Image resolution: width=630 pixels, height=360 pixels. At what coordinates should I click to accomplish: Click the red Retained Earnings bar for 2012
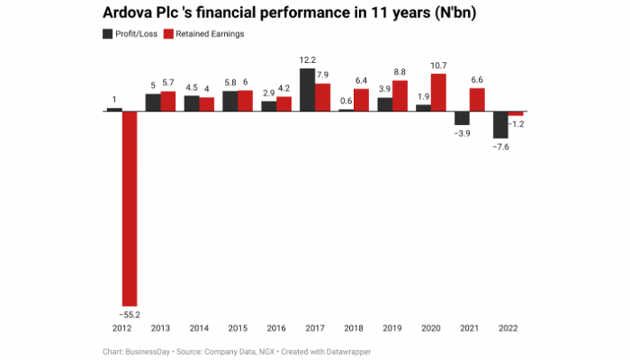(x=130, y=207)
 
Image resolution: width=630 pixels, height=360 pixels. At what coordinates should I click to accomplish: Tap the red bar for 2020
(x=439, y=93)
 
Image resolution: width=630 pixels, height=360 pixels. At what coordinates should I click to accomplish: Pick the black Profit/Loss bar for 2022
(x=500, y=124)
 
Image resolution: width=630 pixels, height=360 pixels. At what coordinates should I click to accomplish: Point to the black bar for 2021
(x=462, y=118)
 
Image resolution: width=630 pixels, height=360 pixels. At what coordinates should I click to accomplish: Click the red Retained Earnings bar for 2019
(x=400, y=95)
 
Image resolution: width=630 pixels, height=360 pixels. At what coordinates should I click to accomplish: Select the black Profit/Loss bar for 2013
(x=153, y=103)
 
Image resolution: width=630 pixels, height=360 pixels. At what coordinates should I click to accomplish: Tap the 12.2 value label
(x=307, y=60)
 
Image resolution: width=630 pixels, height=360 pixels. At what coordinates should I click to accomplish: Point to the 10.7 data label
(x=439, y=66)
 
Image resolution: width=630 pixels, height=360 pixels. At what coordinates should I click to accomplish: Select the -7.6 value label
(x=499, y=147)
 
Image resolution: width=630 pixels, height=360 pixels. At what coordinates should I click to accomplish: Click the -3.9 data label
(x=462, y=133)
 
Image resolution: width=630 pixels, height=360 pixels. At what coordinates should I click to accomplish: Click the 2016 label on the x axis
(x=276, y=328)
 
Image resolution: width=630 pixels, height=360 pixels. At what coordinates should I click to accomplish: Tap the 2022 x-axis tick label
(x=508, y=328)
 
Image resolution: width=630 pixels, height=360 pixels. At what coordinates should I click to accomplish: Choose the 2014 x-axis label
(x=199, y=328)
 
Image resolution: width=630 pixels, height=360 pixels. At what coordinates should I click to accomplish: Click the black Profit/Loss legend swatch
(x=108, y=34)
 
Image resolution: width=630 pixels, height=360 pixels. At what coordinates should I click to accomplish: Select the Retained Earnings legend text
(x=215, y=34)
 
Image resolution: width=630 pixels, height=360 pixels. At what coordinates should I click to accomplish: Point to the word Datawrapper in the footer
(x=346, y=350)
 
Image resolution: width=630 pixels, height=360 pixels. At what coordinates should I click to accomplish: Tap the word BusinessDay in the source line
(x=150, y=350)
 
